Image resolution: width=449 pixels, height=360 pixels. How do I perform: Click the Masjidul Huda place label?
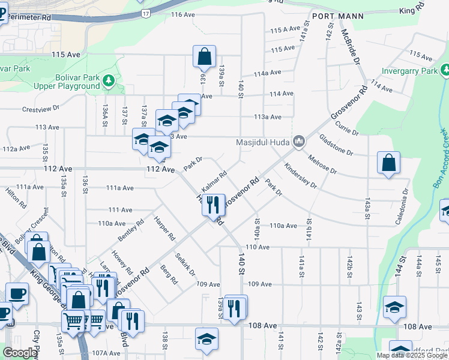click(262, 142)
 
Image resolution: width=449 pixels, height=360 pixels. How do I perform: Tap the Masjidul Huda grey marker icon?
click(299, 142)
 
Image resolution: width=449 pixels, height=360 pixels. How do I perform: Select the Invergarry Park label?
click(409, 71)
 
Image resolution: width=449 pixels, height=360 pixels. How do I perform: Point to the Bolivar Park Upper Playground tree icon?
click(108, 80)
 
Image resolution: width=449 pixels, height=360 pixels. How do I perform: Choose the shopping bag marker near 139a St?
click(204, 56)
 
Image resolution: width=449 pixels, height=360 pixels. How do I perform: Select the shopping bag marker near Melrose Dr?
click(388, 162)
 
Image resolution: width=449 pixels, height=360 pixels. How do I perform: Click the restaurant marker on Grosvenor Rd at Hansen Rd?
click(214, 205)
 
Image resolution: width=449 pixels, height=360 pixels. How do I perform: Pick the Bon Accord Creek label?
click(440, 157)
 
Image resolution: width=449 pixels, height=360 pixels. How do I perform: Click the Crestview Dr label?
click(41, 109)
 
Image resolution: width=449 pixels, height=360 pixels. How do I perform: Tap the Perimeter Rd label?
click(29, 19)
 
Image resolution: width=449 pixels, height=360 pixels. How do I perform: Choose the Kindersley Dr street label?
click(300, 176)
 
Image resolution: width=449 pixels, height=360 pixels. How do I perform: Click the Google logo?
click(19, 353)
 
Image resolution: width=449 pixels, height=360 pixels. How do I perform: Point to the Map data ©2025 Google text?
click(411, 355)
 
